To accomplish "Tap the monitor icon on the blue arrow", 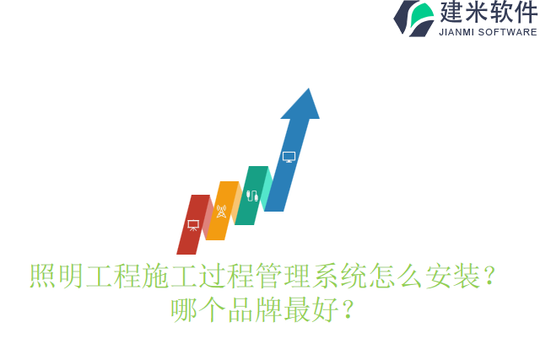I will [x=289, y=157].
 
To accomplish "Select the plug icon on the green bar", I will [x=251, y=196].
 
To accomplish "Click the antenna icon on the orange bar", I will [x=221, y=211].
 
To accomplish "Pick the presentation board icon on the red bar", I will [x=193, y=225].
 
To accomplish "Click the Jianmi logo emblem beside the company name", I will [x=413, y=18].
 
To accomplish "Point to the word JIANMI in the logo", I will [x=456, y=32].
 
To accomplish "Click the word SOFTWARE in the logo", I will [x=507, y=32].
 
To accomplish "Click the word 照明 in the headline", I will [x=57, y=276].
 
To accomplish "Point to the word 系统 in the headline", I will [x=341, y=276].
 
